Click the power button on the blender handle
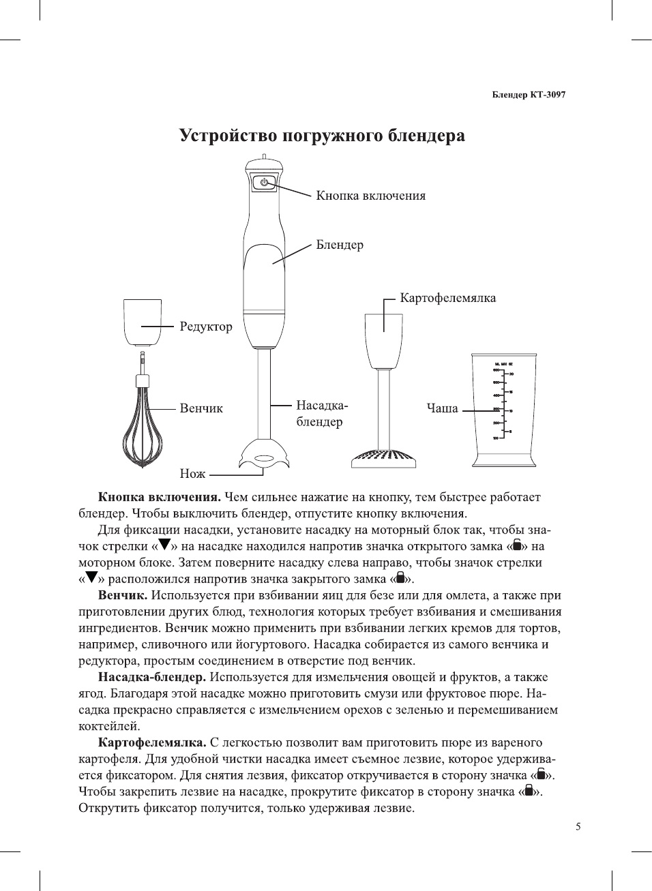point(265,182)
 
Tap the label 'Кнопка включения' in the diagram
point(370,196)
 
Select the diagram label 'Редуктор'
point(206,327)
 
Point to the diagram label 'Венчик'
point(201,408)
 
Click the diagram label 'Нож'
point(192,473)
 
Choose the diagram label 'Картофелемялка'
point(447,298)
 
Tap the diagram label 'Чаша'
point(442,408)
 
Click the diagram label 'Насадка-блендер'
point(321,413)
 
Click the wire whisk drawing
point(143,426)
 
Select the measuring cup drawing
point(504,410)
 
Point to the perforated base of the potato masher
point(383,457)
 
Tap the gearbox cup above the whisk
point(143,322)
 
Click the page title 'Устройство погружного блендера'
point(322,136)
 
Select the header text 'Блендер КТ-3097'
point(529,95)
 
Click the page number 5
point(578,827)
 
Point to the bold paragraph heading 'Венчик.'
point(123,595)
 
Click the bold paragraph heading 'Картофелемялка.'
point(152,742)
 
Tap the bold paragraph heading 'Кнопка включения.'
point(159,497)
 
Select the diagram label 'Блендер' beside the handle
point(340,245)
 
